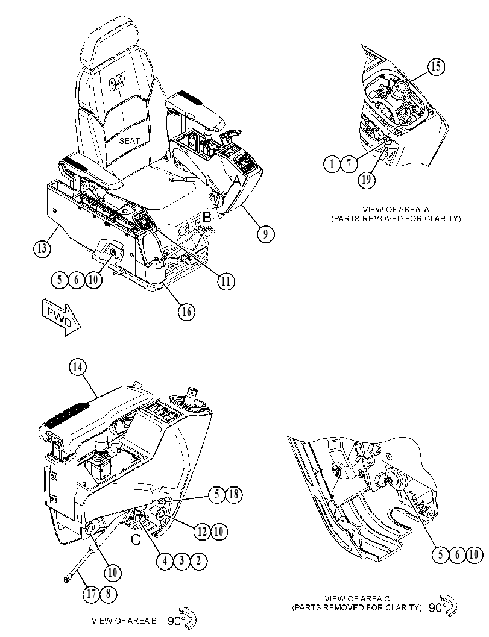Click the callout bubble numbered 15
(435, 66)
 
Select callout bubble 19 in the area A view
(367, 179)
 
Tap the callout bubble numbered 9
(265, 234)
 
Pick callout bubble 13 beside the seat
(42, 248)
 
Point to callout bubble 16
(186, 312)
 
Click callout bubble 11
(226, 281)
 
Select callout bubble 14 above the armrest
(78, 367)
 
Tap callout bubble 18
(234, 494)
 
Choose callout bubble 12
(202, 532)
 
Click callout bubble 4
(165, 561)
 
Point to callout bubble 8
(108, 594)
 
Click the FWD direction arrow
(61, 318)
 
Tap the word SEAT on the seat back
(129, 140)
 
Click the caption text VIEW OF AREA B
(124, 620)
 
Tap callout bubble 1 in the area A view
(332, 164)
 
